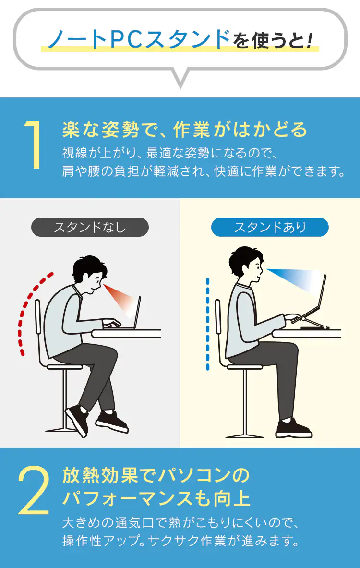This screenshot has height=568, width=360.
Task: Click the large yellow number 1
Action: point(34,145)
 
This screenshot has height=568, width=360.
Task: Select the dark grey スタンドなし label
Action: point(90,227)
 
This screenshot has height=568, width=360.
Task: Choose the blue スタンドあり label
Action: point(270,227)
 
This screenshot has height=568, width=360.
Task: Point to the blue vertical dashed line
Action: point(207,324)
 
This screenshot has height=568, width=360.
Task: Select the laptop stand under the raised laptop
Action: point(312,322)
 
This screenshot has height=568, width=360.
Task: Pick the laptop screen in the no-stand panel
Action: point(137,312)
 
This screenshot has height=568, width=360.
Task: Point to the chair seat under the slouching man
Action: point(64,367)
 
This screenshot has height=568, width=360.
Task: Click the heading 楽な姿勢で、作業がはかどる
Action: point(185,130)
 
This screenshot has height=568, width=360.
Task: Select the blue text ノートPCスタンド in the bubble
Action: point(139,39)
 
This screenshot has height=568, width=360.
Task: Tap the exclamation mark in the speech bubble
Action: point(309,40)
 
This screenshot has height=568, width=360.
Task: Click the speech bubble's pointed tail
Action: point(180,80)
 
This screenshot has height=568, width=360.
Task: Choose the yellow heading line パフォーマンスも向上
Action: point(156,498)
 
